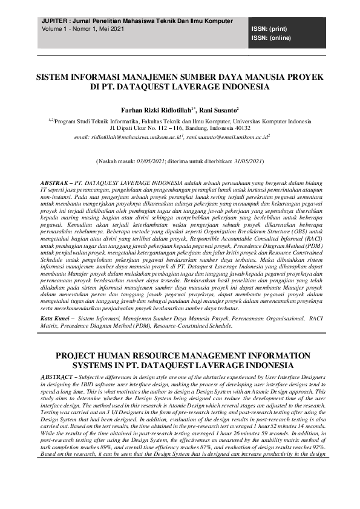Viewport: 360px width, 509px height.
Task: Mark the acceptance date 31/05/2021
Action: pyautogui.click(x=245, y=161)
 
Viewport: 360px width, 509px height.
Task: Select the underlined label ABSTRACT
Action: pyautogui.click(x=57, y=376)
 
